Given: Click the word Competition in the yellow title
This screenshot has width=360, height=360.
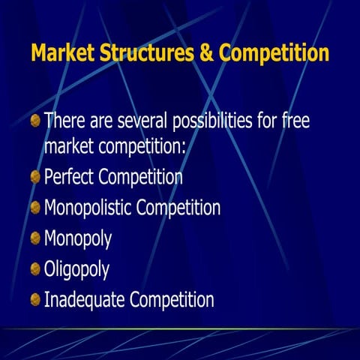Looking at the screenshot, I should coord(271,54).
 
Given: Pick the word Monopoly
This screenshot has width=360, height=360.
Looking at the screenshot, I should coord(78,240).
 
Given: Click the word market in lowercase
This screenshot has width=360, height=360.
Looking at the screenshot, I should coord(69,147).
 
